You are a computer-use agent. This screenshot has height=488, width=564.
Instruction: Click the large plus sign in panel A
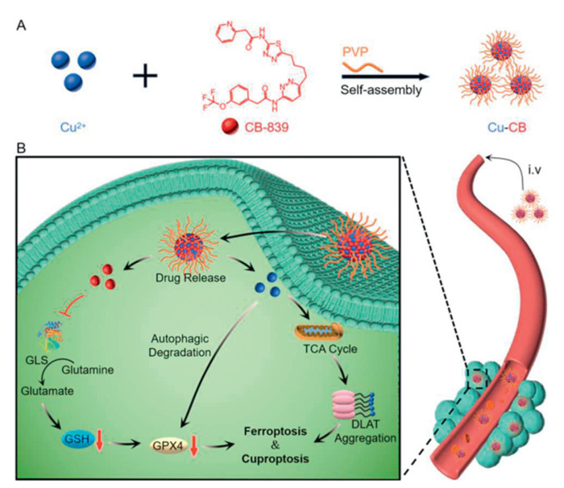[147, 78]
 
